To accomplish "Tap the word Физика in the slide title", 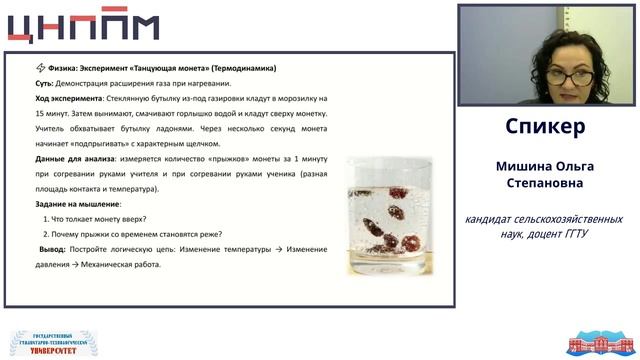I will click(x=70, y=68).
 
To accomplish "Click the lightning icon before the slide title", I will click(x=41, y=68).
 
